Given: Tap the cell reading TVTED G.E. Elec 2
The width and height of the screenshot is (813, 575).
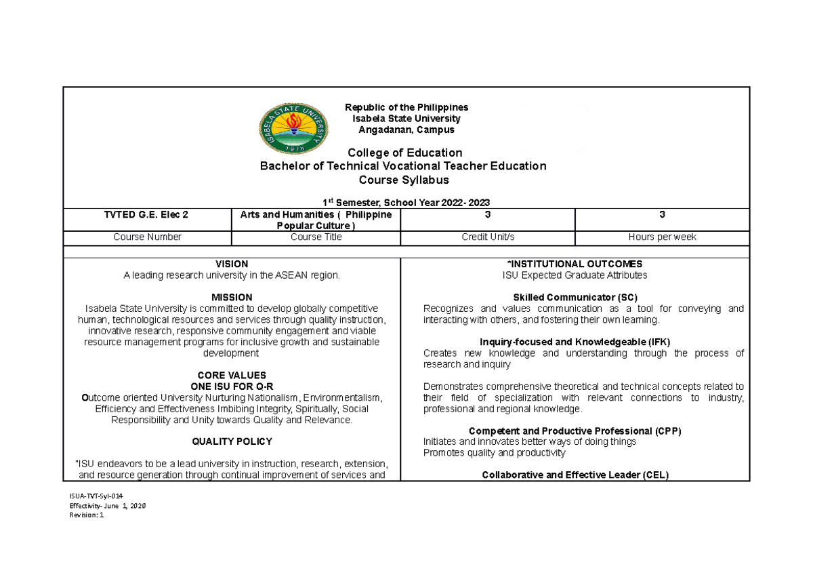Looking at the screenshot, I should pos(147,214).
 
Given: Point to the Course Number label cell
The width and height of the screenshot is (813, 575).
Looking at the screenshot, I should pos(147,237).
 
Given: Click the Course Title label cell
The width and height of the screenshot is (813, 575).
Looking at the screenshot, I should pos(316,237).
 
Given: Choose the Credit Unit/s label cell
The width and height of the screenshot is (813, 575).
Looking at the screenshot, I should pos(487,237).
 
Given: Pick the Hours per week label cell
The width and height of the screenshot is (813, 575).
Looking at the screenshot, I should pos(662,237).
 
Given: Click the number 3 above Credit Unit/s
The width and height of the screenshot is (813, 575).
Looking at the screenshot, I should pos(487,214).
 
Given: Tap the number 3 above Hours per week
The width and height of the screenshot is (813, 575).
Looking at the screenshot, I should pos(662,214).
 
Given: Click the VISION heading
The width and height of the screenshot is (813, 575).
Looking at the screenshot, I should pos(232,264).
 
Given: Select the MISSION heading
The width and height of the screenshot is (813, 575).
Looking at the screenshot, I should pos(232,297).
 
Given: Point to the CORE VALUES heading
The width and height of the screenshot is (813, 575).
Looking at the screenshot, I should pos(232,375).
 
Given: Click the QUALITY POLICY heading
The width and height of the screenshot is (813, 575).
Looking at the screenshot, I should pos(232,441).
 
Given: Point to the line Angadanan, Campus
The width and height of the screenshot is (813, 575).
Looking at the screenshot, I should pos(406,130).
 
